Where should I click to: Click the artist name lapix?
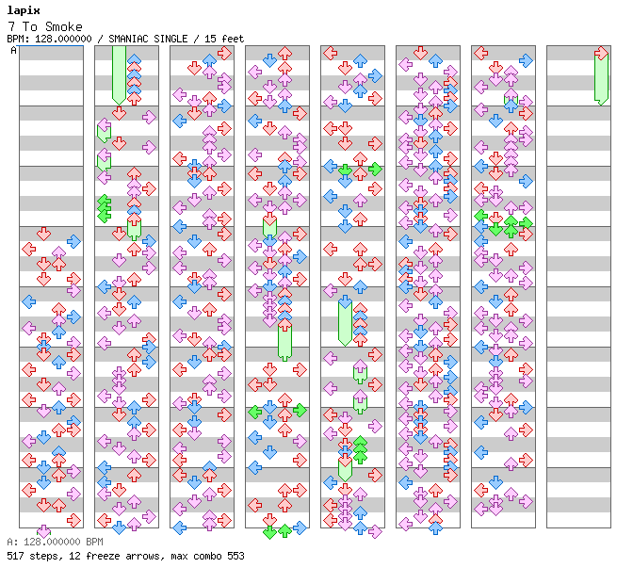(x=24, y=11)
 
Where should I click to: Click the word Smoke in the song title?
(x=64, y=26)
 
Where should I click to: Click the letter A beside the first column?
(x=13, y=50)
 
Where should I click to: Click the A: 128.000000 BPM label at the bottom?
(x=55, y=542)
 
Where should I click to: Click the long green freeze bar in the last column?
(x=602, y=79)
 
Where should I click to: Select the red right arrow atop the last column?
(x=602, y=53)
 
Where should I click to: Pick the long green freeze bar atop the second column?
(x=119, y=75)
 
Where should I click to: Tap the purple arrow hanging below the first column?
(x=43, y=531)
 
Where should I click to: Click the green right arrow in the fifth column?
(x=375, y=170)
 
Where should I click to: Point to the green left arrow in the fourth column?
(x=254, y=412)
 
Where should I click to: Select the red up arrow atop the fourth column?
(x=285, y=53)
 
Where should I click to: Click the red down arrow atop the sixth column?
(x=421, y=53)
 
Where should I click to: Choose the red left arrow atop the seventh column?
(x=480, y=53)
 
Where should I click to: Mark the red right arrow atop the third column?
(x=224, y=53)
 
